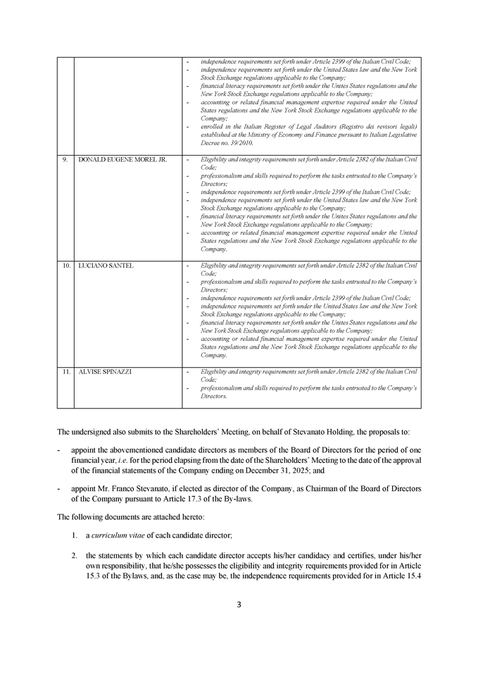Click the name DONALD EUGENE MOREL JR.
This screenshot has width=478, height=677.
pos(122,160)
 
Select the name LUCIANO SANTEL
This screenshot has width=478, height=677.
pos(106,266)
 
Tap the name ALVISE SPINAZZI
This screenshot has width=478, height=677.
pos(105,371)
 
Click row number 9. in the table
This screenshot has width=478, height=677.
pos(65,160)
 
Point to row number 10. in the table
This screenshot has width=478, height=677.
pos(65,266)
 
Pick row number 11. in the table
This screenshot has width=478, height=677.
pos(65,371)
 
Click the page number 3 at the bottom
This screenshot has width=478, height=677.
pos(239,604)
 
